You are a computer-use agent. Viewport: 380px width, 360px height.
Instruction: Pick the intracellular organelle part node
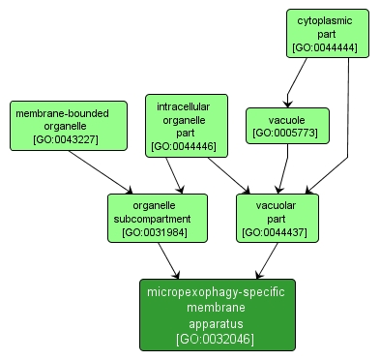point(185,125)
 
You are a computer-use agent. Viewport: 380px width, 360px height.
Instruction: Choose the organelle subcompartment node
point(157,218)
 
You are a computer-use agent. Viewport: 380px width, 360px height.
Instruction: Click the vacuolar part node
point(277,218)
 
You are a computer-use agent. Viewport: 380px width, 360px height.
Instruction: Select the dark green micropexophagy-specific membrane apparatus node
point(217,315)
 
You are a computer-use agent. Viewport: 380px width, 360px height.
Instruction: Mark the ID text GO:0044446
point(185,147)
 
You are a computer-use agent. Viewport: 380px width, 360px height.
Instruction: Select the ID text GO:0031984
point(157,232)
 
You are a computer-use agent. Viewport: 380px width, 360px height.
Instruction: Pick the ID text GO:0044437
point(277,232)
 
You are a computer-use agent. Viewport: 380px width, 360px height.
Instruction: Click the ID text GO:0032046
point(217,339)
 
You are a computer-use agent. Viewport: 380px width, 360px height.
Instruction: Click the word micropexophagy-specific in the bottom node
point(217,291)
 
